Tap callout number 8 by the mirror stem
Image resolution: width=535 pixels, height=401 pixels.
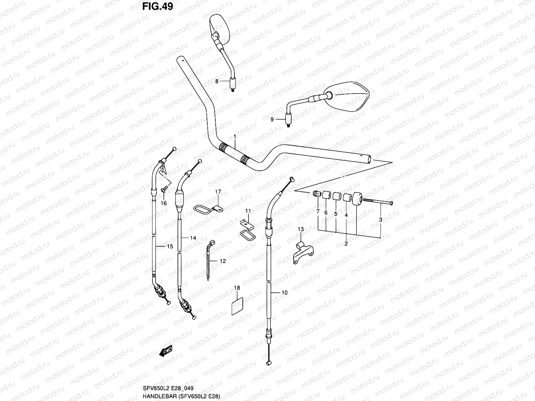tap(217, 81)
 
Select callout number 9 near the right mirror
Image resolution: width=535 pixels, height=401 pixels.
tap(272, 119)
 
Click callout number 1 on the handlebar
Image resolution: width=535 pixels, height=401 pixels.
tap(235, 136)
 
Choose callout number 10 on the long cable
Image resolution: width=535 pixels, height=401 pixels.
tap(284, 292)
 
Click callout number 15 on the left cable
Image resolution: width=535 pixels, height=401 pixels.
tap(170, 247)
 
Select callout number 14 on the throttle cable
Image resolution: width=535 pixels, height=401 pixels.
tap(193, 238)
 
